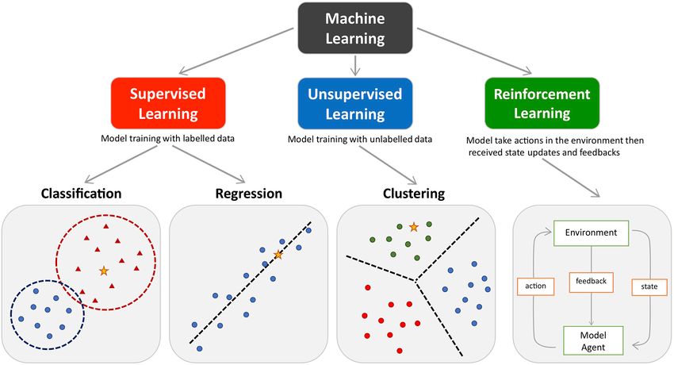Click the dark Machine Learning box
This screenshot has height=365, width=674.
356,29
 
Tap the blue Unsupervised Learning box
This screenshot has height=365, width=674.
356,103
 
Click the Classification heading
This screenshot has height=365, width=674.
70,193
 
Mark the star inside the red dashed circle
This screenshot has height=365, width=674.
104,271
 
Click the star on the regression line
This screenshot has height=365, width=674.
278,255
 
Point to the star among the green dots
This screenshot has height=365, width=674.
413,227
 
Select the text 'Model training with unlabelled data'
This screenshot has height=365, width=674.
360,140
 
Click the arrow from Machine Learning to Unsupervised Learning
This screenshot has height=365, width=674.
356,64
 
